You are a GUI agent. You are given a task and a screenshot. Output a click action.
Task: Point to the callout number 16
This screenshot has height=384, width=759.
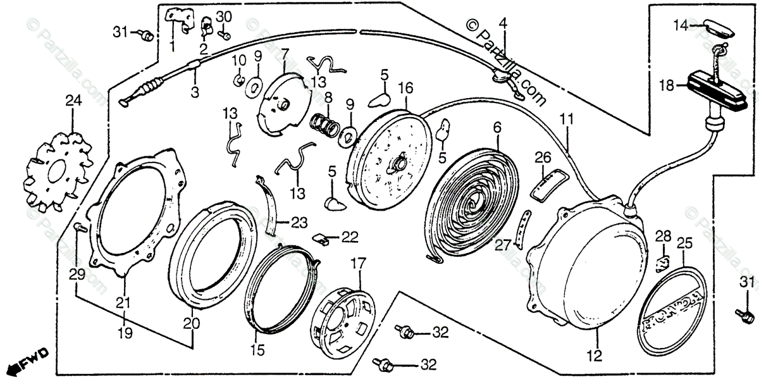pos(405,87)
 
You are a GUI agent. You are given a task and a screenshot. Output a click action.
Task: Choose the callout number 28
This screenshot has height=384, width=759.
pos(662,237)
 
